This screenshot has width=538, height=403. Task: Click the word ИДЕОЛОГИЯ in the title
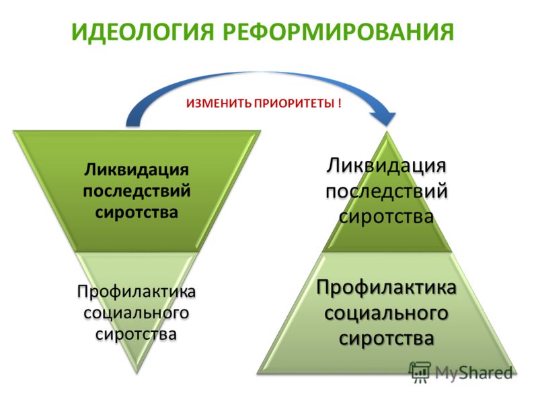(x=143, y=32)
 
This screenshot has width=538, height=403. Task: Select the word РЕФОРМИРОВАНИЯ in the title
(x=338, y=32)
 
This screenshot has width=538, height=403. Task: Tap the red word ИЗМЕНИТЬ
(x=219, y=103)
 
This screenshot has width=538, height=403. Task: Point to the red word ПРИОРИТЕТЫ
(x=294, y=103)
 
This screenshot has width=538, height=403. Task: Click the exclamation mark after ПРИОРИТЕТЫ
(x=340, y=103)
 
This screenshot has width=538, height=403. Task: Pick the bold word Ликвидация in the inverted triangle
(x=137, y=170)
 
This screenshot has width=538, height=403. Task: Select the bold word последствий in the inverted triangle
(x=137, y=191)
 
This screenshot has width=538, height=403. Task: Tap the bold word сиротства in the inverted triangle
(x=137, y=212)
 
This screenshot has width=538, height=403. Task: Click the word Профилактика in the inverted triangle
(x=137, y=292)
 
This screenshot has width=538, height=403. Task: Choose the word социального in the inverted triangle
(x=137, y=313)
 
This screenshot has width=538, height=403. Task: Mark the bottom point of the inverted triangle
(x=137, y=373)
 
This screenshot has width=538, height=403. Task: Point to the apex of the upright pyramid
(x=387, y=132)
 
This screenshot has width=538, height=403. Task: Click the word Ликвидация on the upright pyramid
(x=386, y=166)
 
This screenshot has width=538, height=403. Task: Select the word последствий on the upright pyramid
(x=387, y=191)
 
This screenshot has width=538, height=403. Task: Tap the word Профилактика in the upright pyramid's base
(x=386, y=288)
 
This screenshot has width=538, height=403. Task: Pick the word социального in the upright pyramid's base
(x=386, y=313)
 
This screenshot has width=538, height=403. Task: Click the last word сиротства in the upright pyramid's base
(x=386, y=339)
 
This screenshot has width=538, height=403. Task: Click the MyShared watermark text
(x=474, y=373)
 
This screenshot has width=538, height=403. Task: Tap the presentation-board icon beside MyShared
(x=420, y=372)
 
